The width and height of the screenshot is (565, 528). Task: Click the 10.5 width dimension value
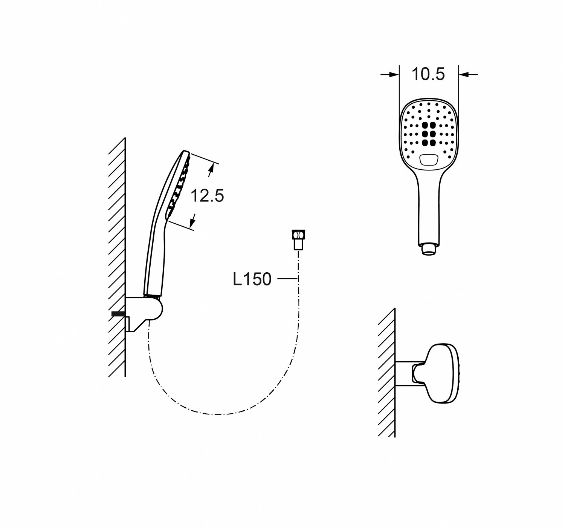[428, 74]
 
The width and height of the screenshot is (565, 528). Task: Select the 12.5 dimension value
[207, 196]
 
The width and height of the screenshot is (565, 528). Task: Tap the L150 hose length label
[252, 279]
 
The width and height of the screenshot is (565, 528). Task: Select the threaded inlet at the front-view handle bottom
[428, 250]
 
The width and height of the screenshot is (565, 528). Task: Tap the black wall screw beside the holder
[118, 314]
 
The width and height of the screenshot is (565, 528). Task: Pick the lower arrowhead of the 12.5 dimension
[193, 218]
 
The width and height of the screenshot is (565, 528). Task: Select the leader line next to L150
[287, 279]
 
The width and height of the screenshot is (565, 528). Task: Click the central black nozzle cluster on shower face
[428, 134]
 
